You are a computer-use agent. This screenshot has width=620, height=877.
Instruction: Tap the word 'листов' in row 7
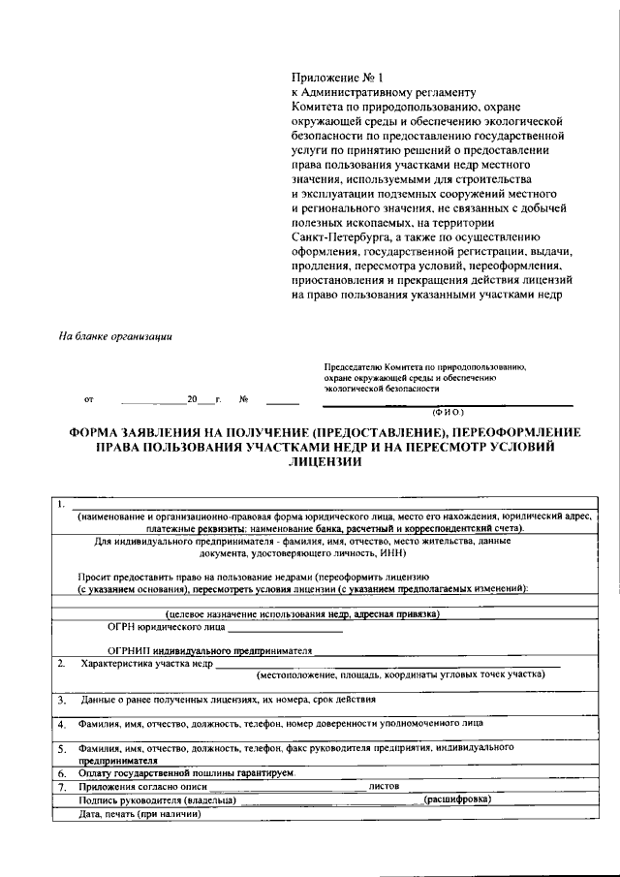(385, 787)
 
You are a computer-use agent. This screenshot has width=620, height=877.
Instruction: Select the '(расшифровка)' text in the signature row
(456, 799)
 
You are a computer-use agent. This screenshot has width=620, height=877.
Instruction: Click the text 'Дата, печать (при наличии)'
(140, 813)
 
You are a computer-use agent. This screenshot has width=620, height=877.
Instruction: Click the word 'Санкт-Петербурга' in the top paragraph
(337, 236)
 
